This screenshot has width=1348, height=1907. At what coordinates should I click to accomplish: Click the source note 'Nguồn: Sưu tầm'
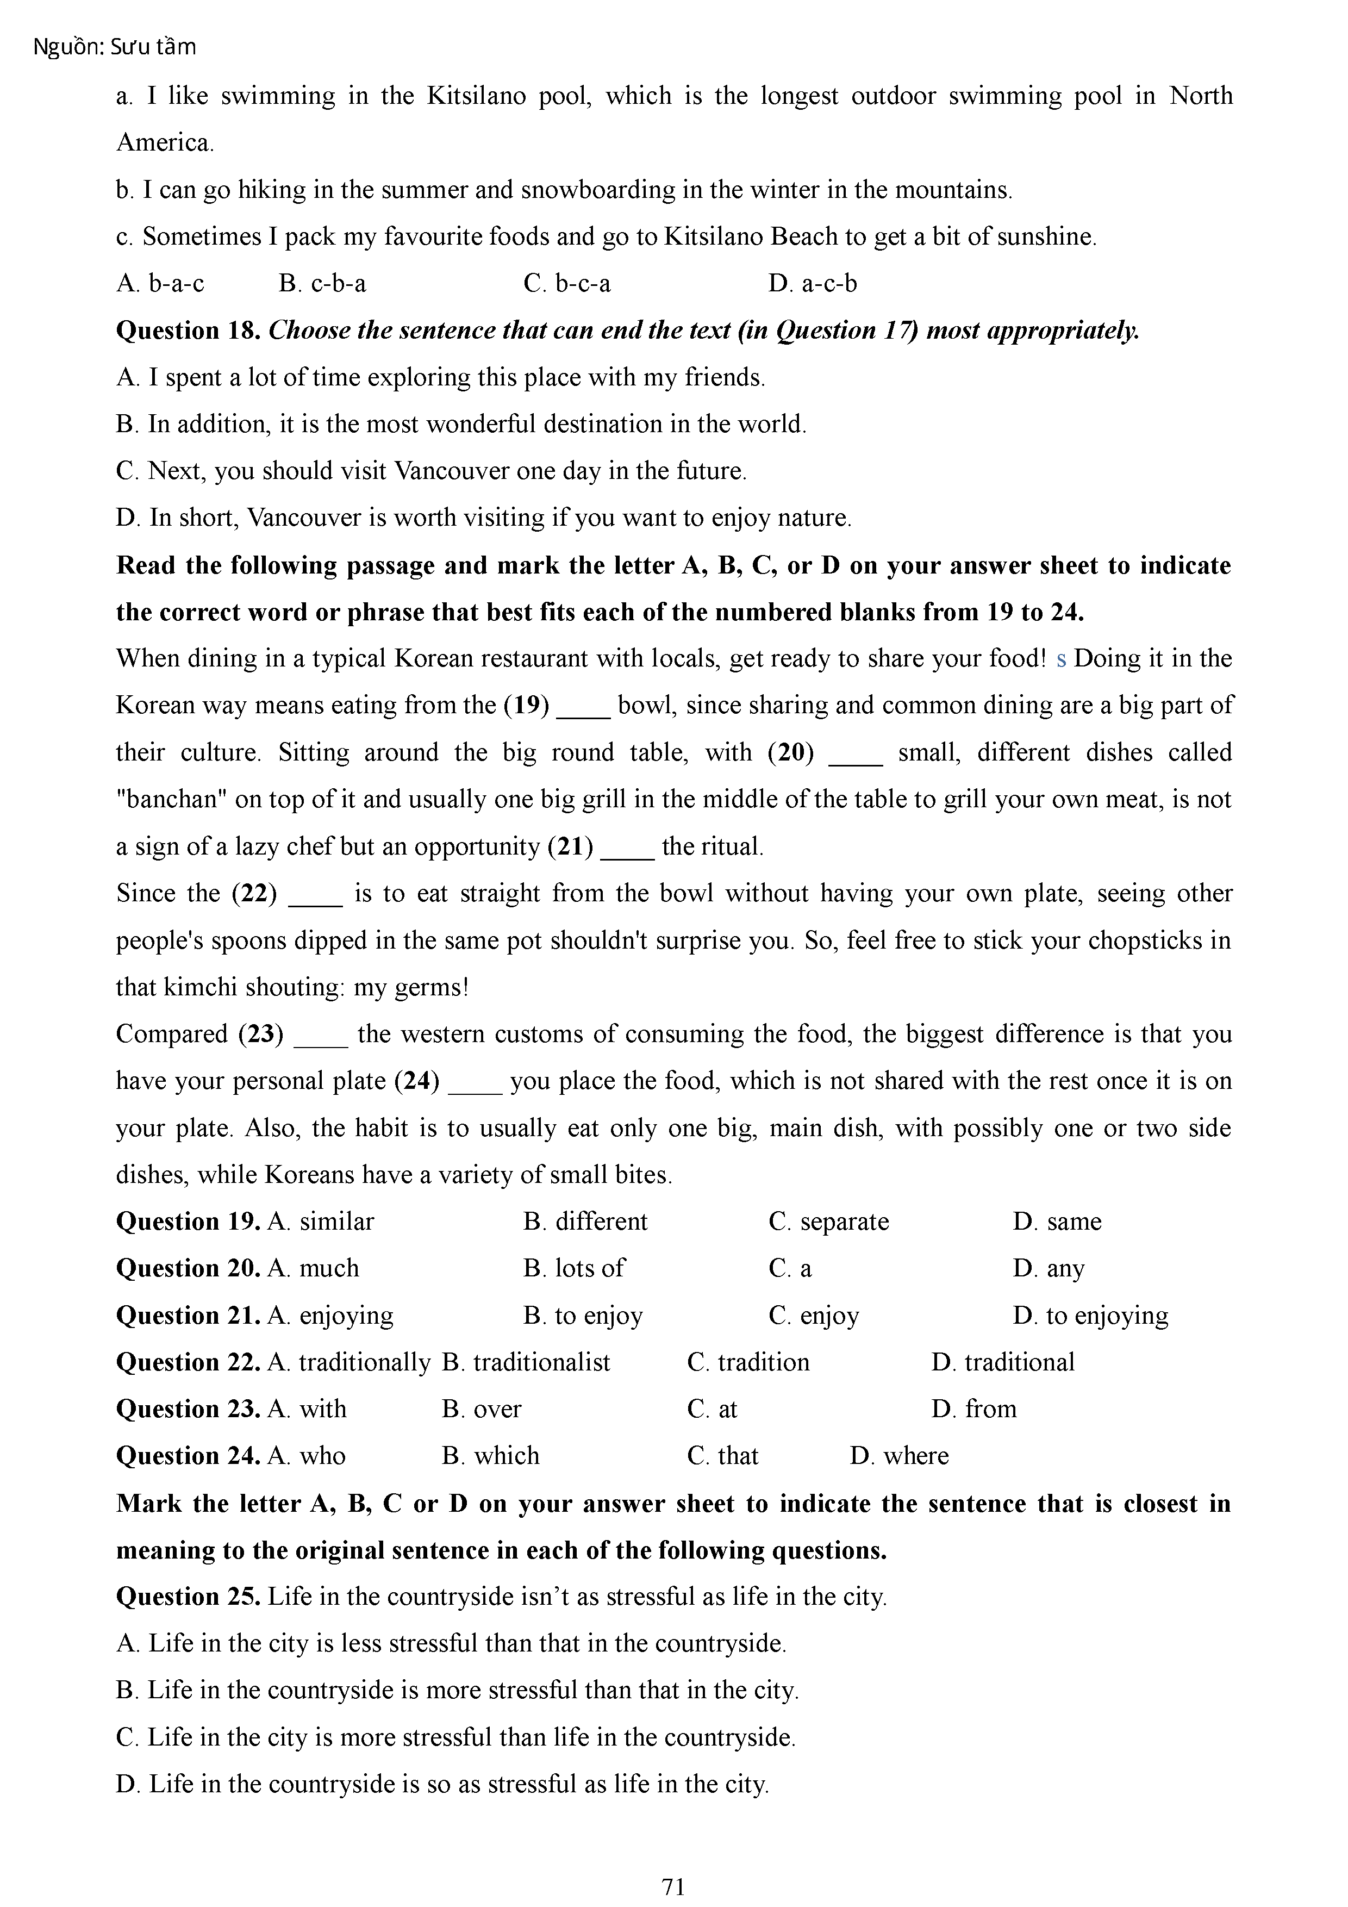[115, 47]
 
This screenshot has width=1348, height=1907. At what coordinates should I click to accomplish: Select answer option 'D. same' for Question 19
[1057, 1222]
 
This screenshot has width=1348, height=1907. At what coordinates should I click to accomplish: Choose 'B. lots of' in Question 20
[574, 1268]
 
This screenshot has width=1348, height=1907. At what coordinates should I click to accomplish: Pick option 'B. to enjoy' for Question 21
[583, 1316]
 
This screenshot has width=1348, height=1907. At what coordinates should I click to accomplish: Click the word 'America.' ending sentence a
[165, 143]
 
